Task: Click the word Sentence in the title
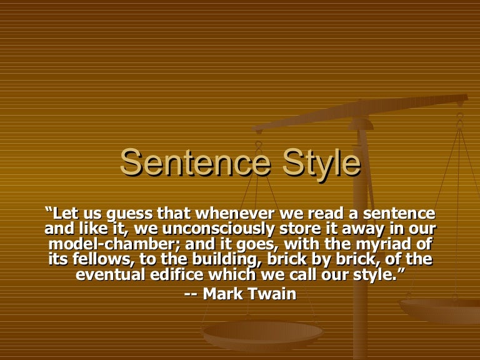pos(188,162)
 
